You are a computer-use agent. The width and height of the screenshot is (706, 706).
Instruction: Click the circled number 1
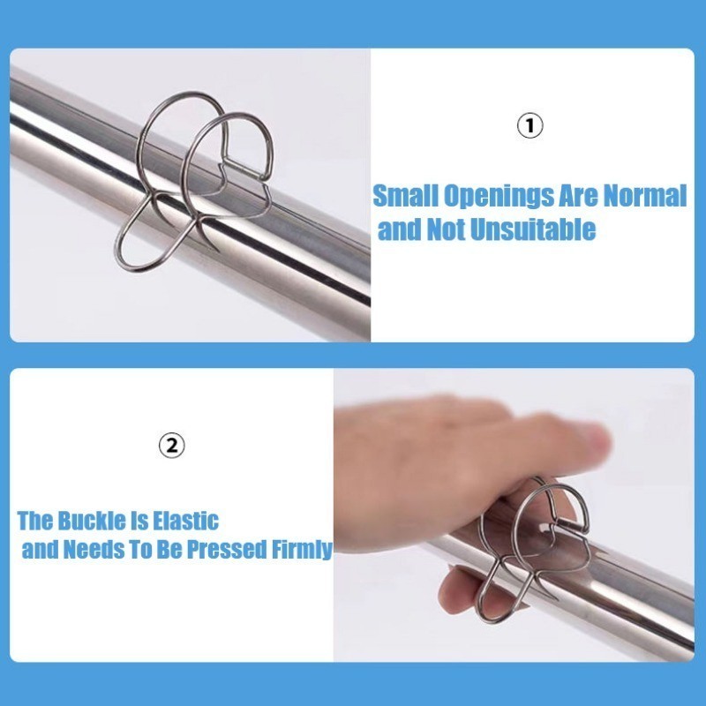(529, 125)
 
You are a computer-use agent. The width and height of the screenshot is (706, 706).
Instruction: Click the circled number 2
(172, 446)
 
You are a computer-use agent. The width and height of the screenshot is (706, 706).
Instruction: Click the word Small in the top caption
(406, 196)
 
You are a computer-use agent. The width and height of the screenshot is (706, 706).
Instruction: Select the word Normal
(644, 195)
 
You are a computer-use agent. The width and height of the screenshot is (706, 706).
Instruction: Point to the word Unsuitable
(533, 229)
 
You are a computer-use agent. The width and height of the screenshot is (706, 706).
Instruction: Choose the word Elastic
(185, 521)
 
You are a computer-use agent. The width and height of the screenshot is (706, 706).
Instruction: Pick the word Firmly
(302, 550)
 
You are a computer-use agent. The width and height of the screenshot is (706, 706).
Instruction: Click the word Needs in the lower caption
(94, 549)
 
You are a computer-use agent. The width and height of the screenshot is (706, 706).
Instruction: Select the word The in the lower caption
(35, 521)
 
